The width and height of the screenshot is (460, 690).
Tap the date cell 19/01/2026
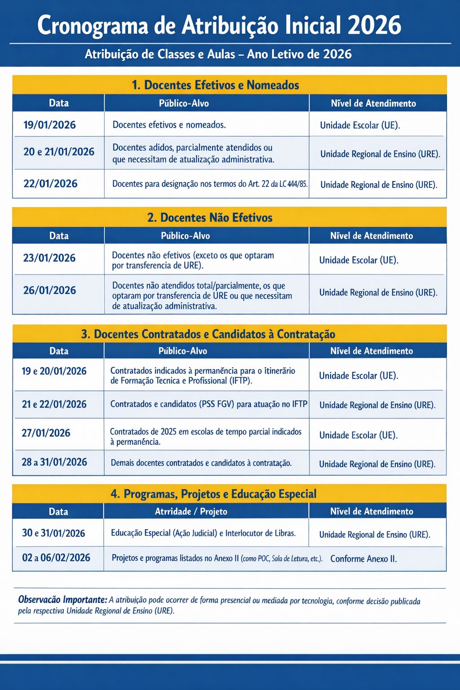tap(49, 125)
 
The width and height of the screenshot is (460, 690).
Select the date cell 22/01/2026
tap(50, 184)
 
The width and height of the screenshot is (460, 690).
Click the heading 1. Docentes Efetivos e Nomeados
tap(215, 85)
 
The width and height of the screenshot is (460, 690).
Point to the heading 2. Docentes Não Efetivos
tap(210, 218)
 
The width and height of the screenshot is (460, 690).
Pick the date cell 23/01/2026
tap(49, 258)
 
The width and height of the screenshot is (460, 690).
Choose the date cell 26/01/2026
tap(49, 290)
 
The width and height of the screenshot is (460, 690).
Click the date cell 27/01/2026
tap(46, 433)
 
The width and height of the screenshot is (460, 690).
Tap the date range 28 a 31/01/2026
tap(54, 462)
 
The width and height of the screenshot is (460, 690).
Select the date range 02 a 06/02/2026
tap(56, 558)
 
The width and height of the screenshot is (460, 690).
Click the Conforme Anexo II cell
tap(363, 559)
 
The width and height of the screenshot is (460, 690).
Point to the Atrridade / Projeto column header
tap(191, 512)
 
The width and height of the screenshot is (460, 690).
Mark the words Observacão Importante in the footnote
tap(62, 600)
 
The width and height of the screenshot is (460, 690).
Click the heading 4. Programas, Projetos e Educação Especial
tap(213, 494)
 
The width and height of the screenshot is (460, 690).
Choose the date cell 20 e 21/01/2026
tap(59, 152)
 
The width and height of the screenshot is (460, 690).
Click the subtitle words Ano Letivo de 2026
tap(299, 54)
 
